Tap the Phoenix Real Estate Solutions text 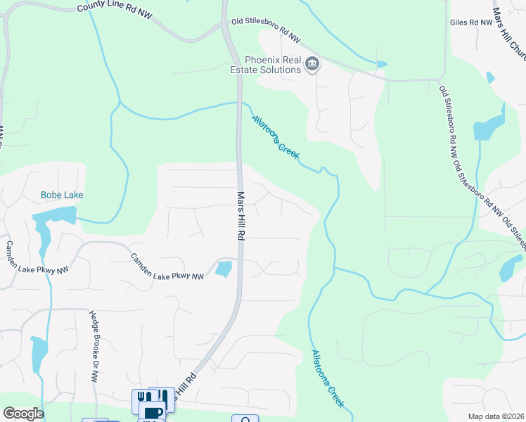[x=266, y=65]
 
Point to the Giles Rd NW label [x=470, y=23]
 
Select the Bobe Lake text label [x=58, y=194]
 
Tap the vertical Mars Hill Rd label [x=240, y=217]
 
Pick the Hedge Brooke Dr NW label [x=94, y=345]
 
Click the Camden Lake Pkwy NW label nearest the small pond [x=167, y=267]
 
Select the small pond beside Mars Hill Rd [x=224, y=268]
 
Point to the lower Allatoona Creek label [x=327, y=378]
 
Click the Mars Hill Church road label [x=508, y=32]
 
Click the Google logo [x=23, y=414]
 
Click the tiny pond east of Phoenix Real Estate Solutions [x=381, y=65]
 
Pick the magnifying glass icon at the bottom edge [x=245, y=419]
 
